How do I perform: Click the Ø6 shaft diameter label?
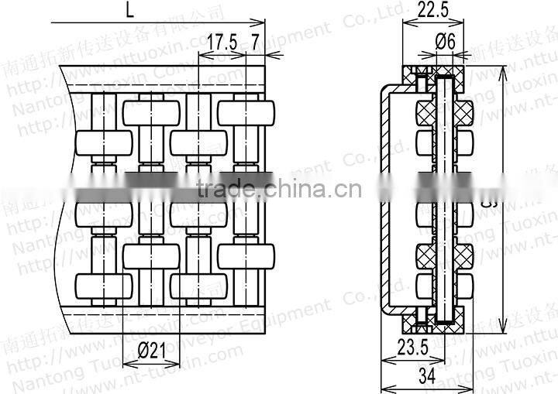point(443,43)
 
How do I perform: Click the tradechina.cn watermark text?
point(277,188)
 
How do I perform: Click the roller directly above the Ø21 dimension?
point(152,256)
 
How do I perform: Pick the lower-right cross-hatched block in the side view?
point(463,255)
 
